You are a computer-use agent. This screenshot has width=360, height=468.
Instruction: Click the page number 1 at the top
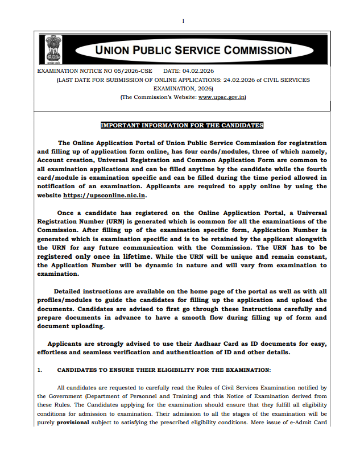point(183,21)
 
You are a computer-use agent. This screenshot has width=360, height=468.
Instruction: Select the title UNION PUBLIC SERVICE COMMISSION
point(193,50)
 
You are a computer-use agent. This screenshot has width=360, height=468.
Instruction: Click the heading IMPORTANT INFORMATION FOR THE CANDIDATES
point(182,125)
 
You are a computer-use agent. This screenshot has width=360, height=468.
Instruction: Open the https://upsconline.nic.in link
point(104,195)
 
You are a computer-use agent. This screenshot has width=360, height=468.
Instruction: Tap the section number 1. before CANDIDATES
point(40,370)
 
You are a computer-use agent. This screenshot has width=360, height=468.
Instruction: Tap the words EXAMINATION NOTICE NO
point(78,71)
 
